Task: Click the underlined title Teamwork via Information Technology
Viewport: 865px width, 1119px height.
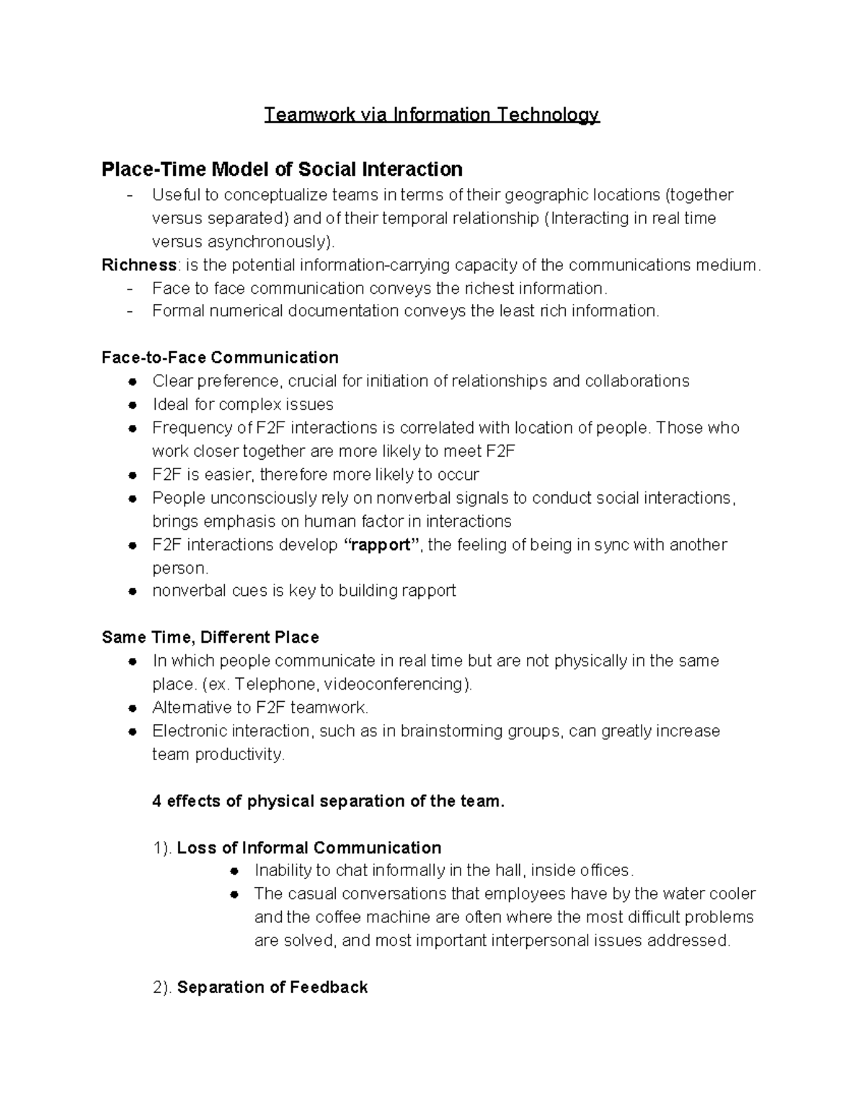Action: pyautogui.click(x=431, y=115)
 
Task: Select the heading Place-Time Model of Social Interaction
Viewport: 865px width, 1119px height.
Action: pyautogui.click(x=282, y=169)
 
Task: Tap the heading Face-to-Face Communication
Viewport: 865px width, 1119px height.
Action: pyautogui.click(x=220, y=358)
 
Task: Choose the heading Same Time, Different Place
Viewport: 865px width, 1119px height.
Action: pyautogui.click(x=210, y=638)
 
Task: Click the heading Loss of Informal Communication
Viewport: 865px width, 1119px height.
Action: pyautogui.click(x=309, y=848)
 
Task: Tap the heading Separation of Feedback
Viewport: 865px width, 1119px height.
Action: pyautogui.click(x=272, y=988)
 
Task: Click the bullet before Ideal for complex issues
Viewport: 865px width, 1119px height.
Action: pyautogui.click(x=132, y=405)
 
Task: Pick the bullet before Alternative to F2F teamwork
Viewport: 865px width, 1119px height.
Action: pyautogui.click(x=132, y=708)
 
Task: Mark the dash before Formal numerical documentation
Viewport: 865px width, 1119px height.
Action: pyautogui.click(x=130, y=311)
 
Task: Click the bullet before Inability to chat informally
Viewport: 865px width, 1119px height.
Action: pyautogui.click(x=234, y=871)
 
